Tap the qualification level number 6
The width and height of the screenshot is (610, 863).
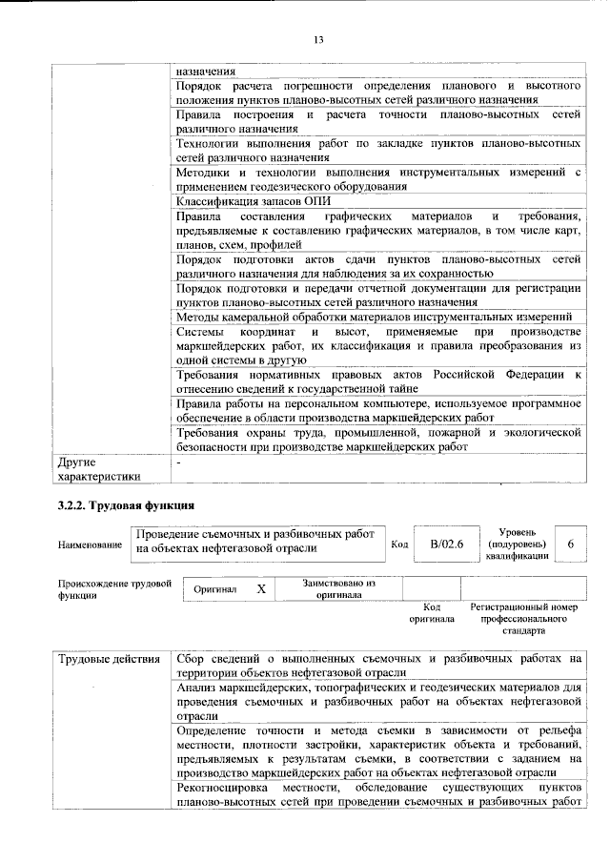570,543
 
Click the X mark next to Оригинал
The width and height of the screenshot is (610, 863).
260,589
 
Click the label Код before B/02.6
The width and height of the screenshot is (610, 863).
400,544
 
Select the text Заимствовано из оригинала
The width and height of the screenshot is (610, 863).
338,588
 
